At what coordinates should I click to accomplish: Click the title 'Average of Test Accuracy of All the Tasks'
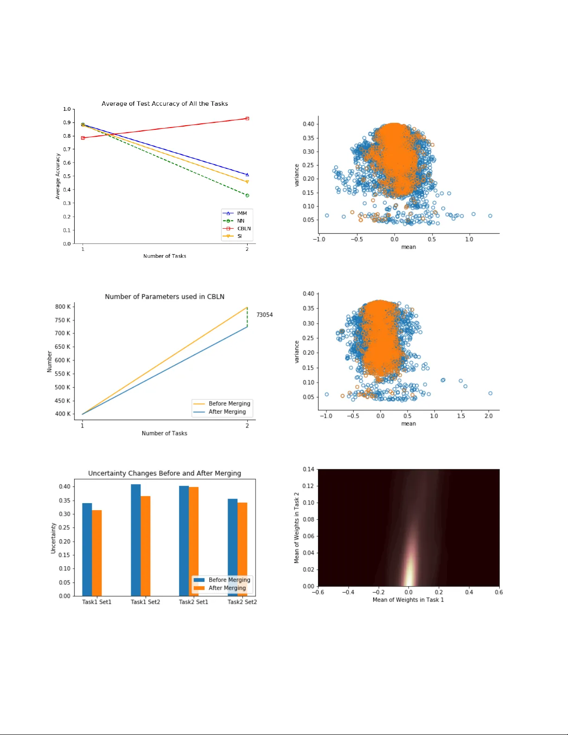pos(165,103)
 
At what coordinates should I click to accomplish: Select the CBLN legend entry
pos(243,229)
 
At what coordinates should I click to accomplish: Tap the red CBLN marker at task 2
pos(247,119)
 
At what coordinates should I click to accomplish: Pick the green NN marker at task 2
pos(247,196)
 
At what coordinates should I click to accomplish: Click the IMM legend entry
pos(242,213)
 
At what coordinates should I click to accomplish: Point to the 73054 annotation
pos(264,315)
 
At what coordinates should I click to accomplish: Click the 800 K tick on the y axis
pos(63,307)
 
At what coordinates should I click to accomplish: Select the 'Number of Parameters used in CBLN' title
pos(165,297)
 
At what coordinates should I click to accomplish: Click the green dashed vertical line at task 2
pos(247,317)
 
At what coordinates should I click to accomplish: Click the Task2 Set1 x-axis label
pos(193,602)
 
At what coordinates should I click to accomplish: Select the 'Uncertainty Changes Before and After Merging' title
pos(165,473)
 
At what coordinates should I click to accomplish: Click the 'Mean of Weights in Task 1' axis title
pos(408,600)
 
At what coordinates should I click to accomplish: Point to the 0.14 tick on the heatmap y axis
pos(308,469)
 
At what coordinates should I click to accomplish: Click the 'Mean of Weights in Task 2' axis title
pos(297,528)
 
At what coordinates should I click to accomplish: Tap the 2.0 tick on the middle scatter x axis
pos(489,416)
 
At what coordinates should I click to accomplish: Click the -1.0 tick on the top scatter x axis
pos(319,239)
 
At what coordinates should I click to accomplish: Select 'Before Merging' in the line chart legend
pos(229,403)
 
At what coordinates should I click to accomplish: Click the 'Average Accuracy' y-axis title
pos(58,176)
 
